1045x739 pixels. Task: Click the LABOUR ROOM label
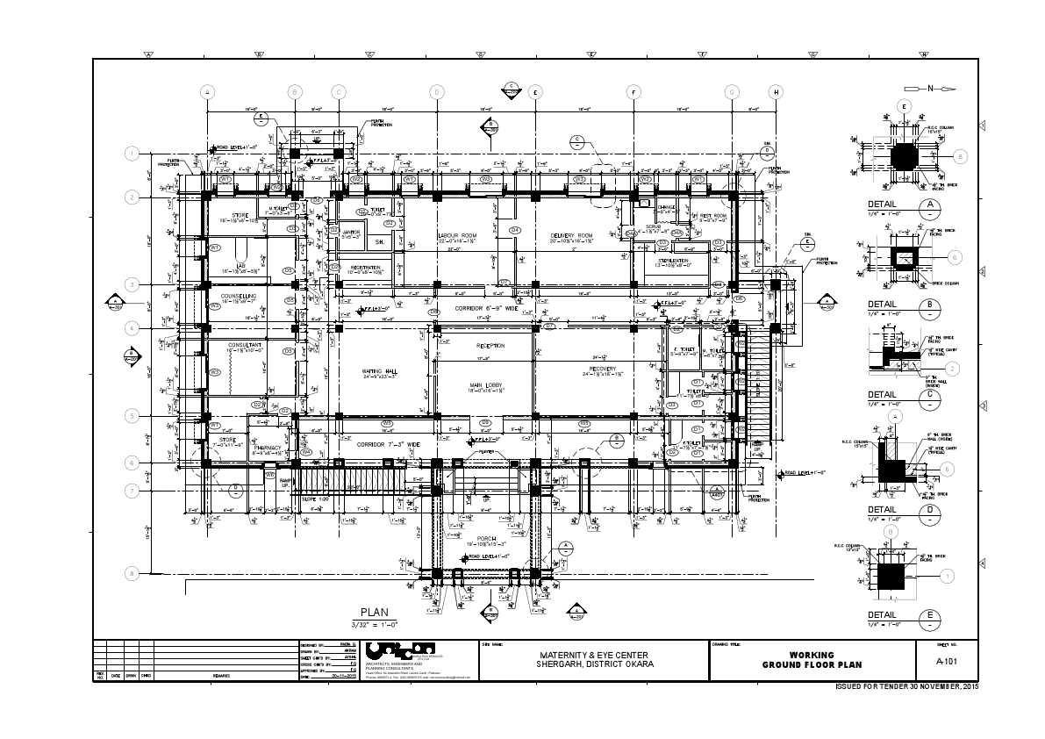tap(457, 236)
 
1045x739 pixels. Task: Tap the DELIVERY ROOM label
tap(572, 236)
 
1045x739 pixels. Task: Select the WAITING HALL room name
tap(380, 371)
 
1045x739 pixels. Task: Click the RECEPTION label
tap(490, 345)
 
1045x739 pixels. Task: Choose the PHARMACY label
tap(268, 448)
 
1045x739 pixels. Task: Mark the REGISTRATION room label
tap(365, 267)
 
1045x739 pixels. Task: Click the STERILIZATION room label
tap(672, 261)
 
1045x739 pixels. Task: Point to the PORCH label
tap(486, 538)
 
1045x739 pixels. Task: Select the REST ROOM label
tap(712, 216)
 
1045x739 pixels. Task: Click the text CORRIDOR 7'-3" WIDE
tap(389, 445)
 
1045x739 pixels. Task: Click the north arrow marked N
tap(930, 89)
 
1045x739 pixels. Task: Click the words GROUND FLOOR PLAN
tap(812, 665)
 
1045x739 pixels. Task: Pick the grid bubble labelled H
tap(776, 91)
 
